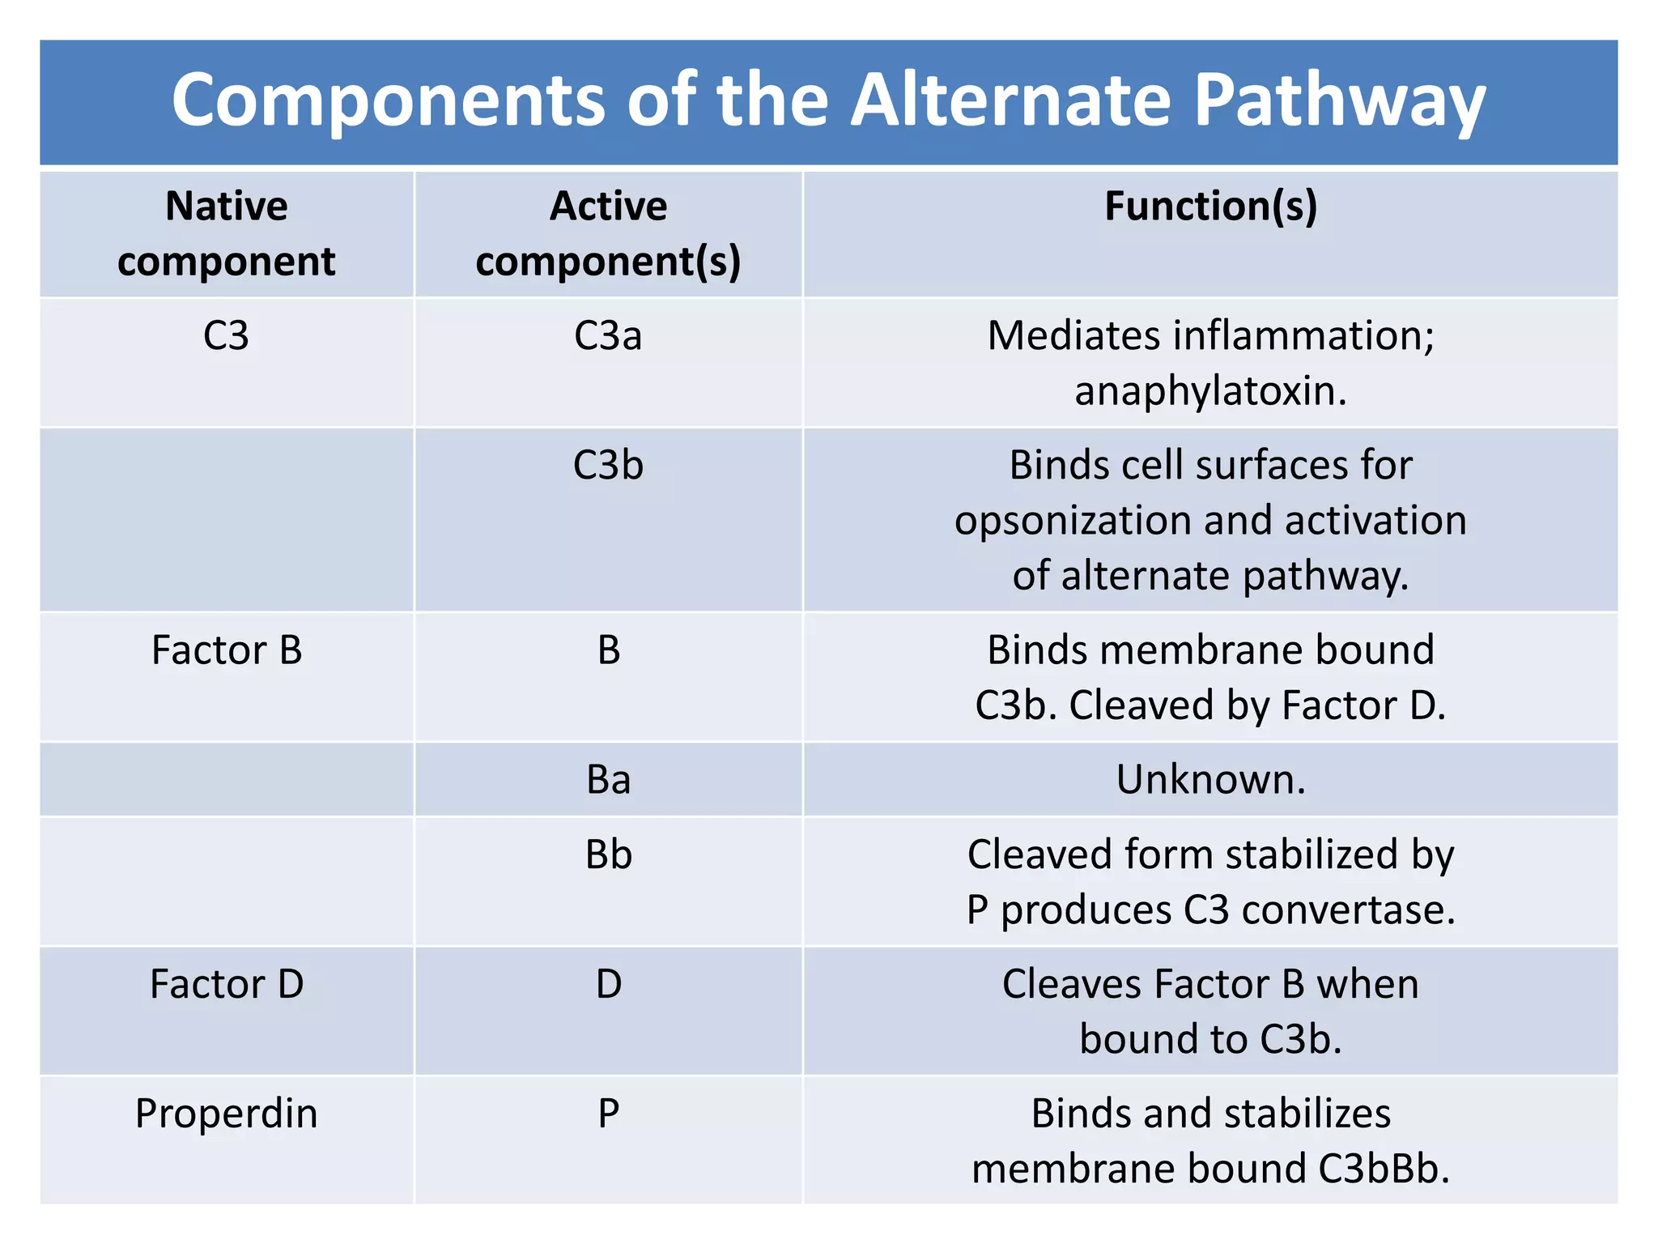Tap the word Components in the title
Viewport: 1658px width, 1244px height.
pos(389,100)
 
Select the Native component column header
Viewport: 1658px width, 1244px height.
pos(227,233)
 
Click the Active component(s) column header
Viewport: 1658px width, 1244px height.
pos(608,233)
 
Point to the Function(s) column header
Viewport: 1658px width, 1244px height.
pos(1210,206)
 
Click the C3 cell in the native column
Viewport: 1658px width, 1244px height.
pos(226,335)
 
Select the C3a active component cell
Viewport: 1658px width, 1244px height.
pos(608,335)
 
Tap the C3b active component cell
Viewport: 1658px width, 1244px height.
pos(608,465)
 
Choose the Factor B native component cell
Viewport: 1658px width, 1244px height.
pos(227,650)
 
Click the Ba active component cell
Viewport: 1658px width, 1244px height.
pos(608,779)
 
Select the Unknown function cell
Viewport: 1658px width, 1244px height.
pos(1210,779)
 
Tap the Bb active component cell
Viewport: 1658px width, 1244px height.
pos(608,854)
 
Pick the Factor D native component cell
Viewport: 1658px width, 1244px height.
pos(227,984)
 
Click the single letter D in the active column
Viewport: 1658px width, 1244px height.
pos(609,984)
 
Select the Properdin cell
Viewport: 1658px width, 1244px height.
pos(227,1114)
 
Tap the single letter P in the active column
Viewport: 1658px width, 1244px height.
pos(609,1114)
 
